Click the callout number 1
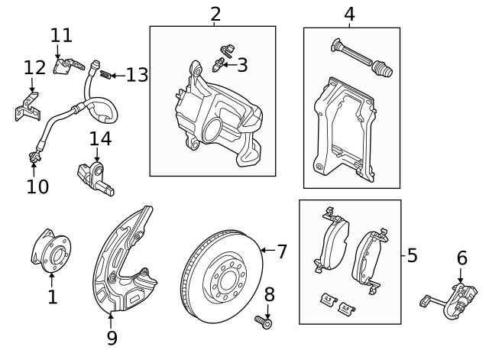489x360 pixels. [x=52, y=297]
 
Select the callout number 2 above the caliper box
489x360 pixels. [x=215, y=13]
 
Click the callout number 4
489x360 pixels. [x=349, y=14]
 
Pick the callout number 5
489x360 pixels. [x=413, y=255]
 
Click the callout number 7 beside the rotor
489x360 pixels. [x=281, y=251]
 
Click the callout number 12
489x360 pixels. [x=34, y=67]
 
